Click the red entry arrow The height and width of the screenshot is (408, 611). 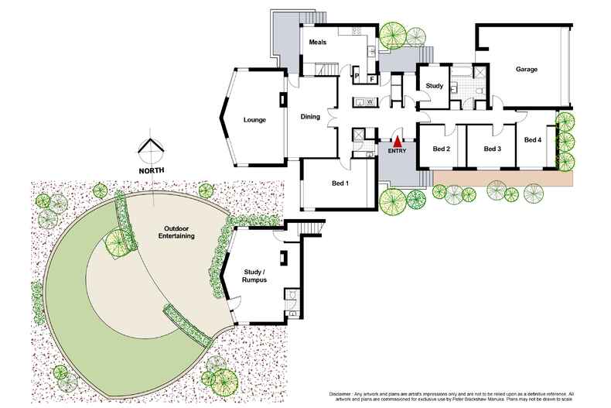(x=398, y=142)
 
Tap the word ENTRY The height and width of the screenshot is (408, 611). (x=397, y=152)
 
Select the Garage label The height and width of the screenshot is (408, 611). (x=527, y=70)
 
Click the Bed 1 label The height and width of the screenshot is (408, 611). (x=340, y=183)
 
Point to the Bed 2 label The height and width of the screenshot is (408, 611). (x=442, y=149)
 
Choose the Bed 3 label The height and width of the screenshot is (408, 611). (x=493, y=149)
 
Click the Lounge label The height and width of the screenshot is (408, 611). (x=254, y=119)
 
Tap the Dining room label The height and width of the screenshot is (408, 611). (x=310, y=117)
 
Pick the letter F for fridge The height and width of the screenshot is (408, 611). (x=372, y=78)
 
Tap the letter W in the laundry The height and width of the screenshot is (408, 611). (x=370, y=101)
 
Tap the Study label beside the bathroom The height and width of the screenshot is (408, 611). (x=435, y=86)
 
